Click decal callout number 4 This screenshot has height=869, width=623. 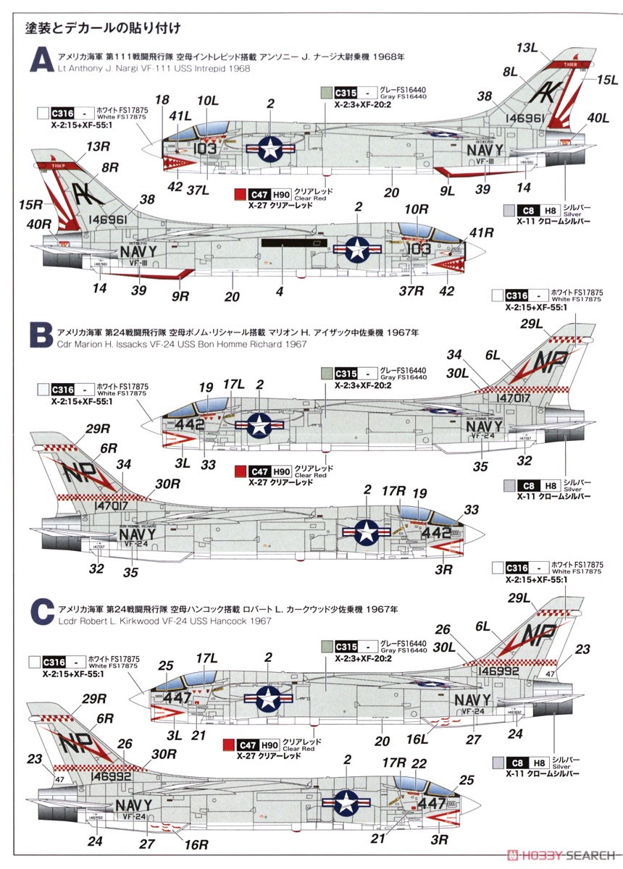pyautogui.click(x=279, y=293)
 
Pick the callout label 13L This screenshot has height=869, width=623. pyautogui.click(x=527, y=48)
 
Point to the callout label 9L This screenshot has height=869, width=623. pyautogui.click(x=447, y=192)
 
